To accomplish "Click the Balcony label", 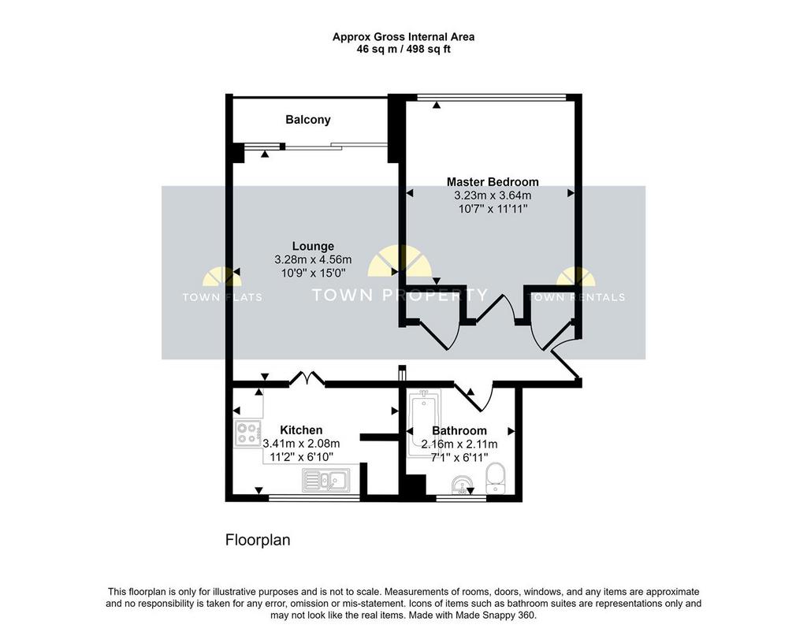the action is (308, 120).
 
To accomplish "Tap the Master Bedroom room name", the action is (493, 181).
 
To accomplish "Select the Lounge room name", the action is (313, 246).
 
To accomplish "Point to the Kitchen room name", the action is (301, 430).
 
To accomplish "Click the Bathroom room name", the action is (459, 430).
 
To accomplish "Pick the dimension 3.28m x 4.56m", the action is (313, 260).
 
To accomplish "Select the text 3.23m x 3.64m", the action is (493, 195).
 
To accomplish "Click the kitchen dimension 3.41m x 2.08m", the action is (301, 444).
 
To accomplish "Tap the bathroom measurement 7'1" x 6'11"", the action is (459, 457).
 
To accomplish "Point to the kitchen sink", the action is (326, 481).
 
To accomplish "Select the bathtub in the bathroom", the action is (424, 423).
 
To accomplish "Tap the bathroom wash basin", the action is (462, 484).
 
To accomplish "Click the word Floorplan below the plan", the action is (258, 540).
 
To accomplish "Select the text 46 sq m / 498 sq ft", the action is (403, 50).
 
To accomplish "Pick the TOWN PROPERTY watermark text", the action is (400, 295).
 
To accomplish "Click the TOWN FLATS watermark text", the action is (222, 297).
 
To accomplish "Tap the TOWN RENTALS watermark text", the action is (576, 297).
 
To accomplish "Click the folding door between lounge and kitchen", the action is (307, 378).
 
